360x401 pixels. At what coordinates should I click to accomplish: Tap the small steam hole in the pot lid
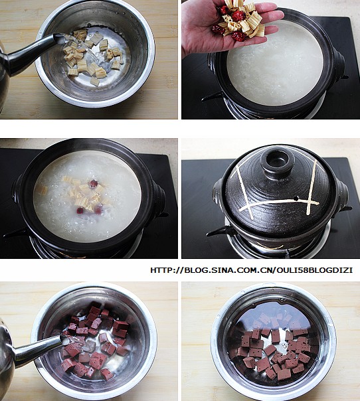[296, 198]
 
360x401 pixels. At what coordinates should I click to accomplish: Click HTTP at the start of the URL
[161, 270]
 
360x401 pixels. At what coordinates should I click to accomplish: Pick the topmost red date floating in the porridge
[94, 184]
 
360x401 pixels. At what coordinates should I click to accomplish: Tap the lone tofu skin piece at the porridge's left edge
[42, 191]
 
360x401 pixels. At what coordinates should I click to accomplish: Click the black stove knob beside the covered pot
[217, 232]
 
